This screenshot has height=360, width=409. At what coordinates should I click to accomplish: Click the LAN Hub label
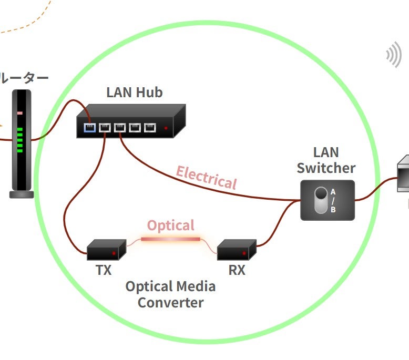(x=134, y=92)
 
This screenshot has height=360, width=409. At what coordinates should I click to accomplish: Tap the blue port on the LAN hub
(x=89, y=127)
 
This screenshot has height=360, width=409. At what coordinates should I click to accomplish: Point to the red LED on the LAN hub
(x=166, y=128)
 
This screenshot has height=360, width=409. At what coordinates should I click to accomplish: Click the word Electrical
(x=207, y=177)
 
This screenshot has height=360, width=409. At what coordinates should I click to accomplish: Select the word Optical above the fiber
(x=170, y=225)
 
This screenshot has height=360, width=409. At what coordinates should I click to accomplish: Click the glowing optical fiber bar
(x=170, y=239)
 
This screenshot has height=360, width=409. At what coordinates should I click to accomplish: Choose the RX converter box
(x=237, y=250)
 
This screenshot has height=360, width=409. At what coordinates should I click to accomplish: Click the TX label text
(x=104, y=271)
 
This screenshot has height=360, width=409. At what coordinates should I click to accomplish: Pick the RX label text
(x=237, y=271)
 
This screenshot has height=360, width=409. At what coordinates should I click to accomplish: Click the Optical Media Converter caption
(x=170, y=294)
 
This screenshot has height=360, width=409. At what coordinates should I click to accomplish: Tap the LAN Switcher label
(x=326, y=160)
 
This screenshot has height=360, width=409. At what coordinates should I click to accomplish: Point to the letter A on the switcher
(x=333, y=192)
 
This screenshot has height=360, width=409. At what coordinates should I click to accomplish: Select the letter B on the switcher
(x=333, y=209)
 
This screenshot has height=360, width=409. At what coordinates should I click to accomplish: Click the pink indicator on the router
(x=20, y=113)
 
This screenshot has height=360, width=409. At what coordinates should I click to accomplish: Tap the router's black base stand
(x=22, y=194)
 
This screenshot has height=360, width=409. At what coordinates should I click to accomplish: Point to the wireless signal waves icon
(x=393, y=55)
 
